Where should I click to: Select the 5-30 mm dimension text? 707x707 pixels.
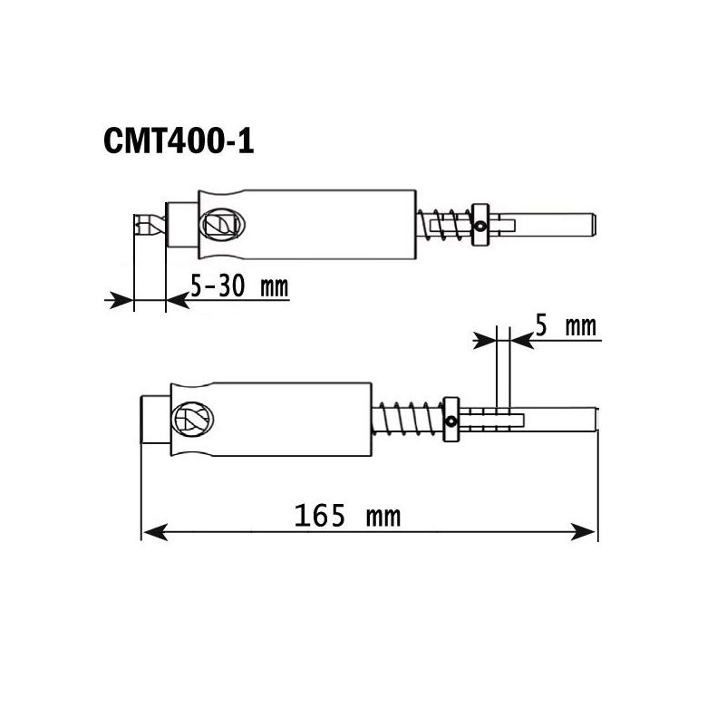pyautogui.click(x=238, y=287)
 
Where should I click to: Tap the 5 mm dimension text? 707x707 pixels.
pyautogui.click(x=566, y=325)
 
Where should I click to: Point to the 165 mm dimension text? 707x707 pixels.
pyautogui.click(x=347, y=517)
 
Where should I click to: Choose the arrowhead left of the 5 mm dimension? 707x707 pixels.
pyautogui.click(x=486, y=340)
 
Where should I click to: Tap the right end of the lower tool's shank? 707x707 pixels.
pyautogui.click(x=594, y=420)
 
